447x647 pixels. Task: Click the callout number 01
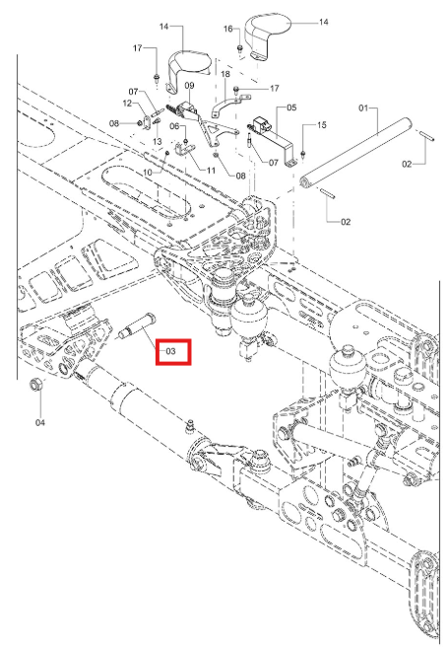(x=363, y=108)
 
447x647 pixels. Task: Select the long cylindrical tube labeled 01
(x=356, y=153)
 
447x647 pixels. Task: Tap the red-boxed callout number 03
(x=170, y=351)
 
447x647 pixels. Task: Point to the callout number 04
(x=40, y=422)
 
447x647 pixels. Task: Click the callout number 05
(x=291, y=108)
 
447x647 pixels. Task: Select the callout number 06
(x=174, y=126)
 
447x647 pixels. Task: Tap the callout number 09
(x=189, y=86)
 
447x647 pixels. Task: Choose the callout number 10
(x=148, y=172)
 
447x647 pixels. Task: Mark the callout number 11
(x=211, y=170)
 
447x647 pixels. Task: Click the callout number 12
(x=127, y=104)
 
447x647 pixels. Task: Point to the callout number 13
(x=157, y=142)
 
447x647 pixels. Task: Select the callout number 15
(x=322, y=125)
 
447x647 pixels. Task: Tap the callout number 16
(x=228, y=29)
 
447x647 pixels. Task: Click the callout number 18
(x=225, y=74)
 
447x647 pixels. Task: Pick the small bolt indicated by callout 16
(x=239, y=49)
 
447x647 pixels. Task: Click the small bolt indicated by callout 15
(x=303, y=155)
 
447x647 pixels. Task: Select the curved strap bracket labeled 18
(x=229, y=105)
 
